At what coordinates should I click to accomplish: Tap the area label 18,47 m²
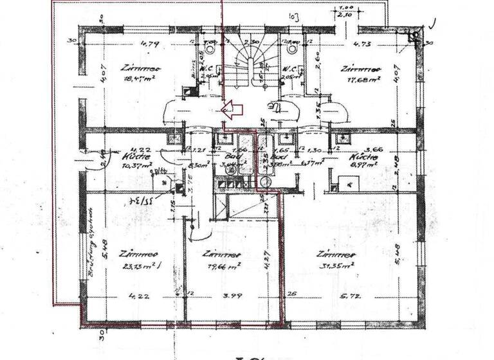click(135, 80)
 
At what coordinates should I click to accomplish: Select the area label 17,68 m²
click(363, 80)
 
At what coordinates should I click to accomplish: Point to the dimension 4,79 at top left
click(149, 45)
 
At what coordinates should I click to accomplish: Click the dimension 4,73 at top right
click(363, 45)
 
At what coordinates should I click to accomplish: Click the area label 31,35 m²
click(339, 264)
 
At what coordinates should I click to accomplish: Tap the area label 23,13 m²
click(138, 264)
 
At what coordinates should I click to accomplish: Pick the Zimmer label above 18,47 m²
click(140, 67)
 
